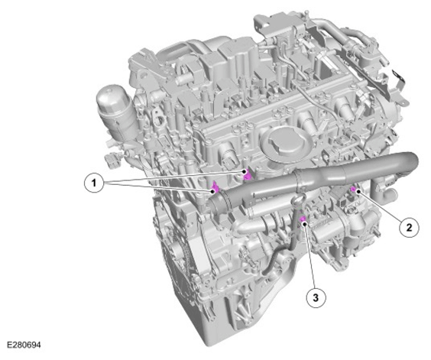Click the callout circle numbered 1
[x=94, y=183]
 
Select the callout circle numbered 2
[x=409, y=227]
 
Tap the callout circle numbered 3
[x=316, y=297]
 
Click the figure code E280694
[x=24, y=345]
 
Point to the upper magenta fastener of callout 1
[x=247, y=174]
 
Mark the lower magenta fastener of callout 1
[x=215, y=187]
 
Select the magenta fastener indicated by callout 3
[x=303, y=219]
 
